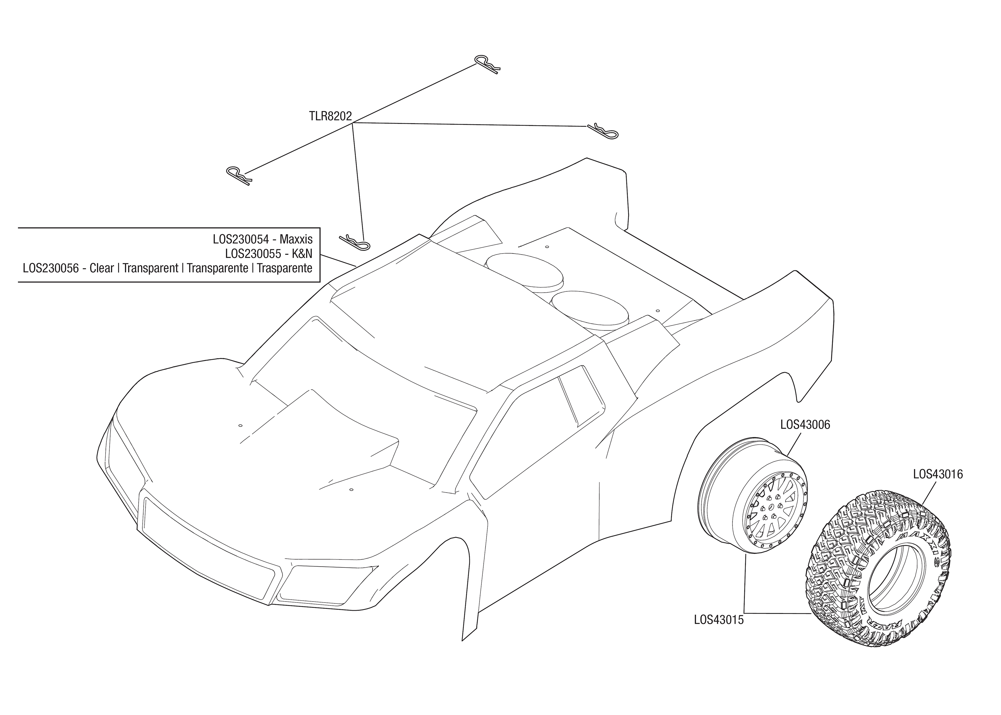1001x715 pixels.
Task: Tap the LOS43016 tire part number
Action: [938, 474]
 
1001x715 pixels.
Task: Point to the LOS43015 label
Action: [718, 620]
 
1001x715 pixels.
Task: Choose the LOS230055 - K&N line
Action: [269, 254]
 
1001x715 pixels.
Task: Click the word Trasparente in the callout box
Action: [284, 268]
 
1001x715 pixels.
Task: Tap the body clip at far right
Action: [603, 130]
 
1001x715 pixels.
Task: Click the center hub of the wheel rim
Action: [771, 512]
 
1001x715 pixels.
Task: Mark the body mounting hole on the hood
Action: [240, 425]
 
